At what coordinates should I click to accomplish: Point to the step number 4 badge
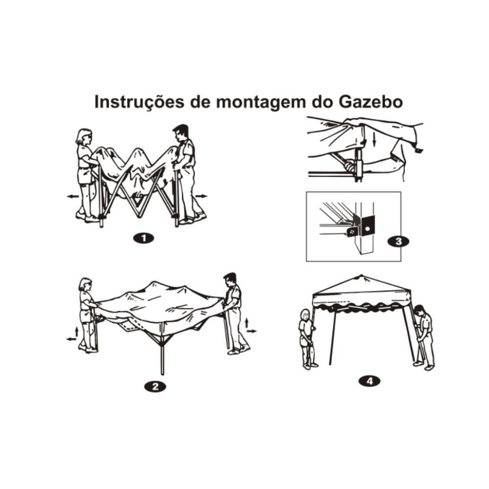click(x=369, y=380)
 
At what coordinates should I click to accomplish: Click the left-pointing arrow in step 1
click(x=73, y=196)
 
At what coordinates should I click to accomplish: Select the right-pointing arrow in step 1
click(x=201, y=196)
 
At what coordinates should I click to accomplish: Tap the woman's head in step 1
click(x=85, y=136)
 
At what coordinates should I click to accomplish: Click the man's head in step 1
click(x=180, y=132)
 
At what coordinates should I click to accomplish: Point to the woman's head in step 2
click(x=86, y=285)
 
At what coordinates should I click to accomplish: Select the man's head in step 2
click(x=230, y=281)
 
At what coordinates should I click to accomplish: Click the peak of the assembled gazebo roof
click(x=361, y=276)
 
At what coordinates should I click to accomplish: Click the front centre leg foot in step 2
click(x=162, y=373)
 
